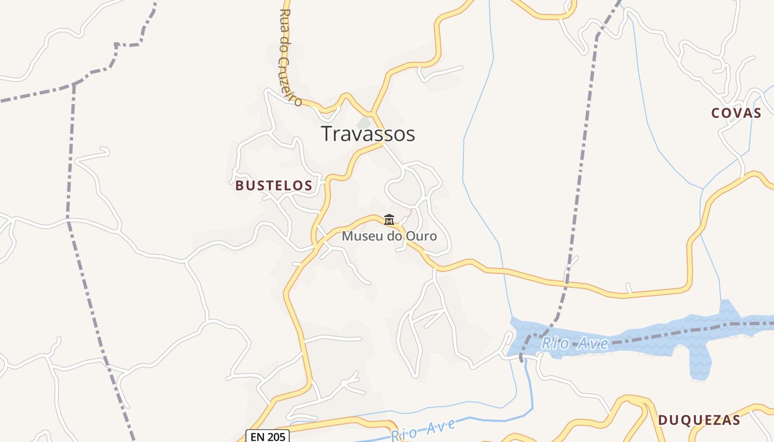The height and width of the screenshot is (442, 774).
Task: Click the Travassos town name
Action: click(368, 134)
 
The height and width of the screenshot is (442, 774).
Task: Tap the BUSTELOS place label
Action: click(274, 186)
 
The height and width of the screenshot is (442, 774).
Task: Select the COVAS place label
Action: click(736, 113)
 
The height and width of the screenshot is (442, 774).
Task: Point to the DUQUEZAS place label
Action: click(699, 420)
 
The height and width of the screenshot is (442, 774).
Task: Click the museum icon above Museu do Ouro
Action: click(389, 220)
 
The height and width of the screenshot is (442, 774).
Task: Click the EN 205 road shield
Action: click(267, 436)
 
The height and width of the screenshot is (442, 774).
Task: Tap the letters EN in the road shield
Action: click(257, 436)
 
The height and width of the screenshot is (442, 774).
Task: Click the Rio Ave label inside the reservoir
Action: click(575, 344)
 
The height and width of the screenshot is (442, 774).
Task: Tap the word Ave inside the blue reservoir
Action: click(593, 344)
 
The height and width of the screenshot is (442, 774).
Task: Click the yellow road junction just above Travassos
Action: click(372, 113)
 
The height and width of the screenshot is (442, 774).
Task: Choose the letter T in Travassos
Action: click(328, 134)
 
